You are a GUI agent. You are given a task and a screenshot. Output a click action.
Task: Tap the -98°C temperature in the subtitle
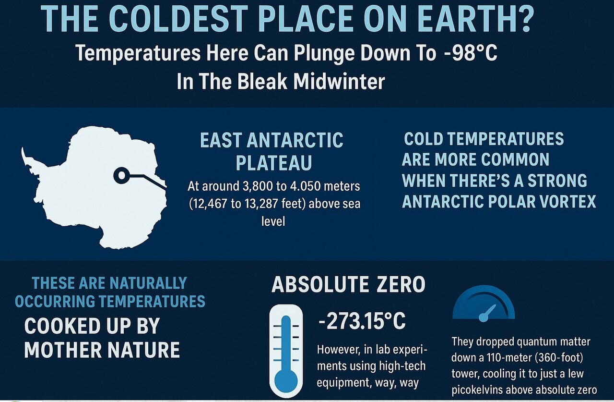click(x=471, y=53)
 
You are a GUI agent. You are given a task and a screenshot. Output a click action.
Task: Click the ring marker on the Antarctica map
click(x=121, y=176)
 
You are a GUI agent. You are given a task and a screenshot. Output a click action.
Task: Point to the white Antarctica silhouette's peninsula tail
click(x=25, y=158)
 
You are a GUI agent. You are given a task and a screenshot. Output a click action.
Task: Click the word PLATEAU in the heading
click(x=274, y=163)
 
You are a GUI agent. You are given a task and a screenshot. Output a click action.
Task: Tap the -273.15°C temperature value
click(x=362, y=321)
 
